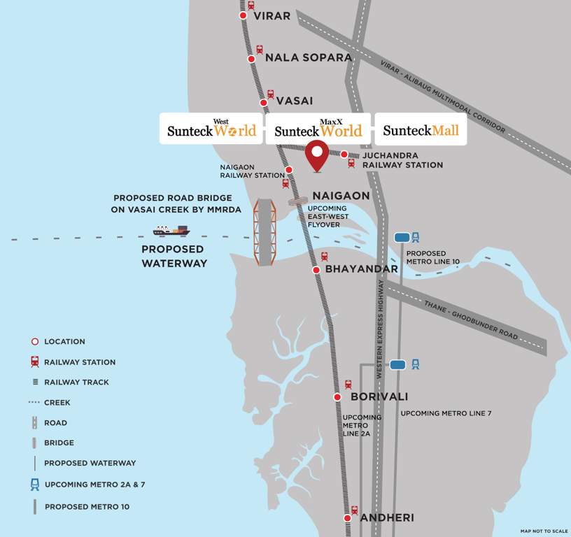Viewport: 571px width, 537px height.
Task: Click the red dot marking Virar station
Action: pos(243,15)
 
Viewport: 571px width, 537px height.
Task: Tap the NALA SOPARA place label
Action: pos(308,57)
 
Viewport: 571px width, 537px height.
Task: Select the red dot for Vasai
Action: pos(264,103)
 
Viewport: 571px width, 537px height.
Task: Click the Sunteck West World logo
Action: pos(211,129)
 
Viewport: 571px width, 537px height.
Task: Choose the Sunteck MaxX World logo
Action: pos(318,129)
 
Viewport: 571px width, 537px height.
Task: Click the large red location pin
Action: pos(318,154)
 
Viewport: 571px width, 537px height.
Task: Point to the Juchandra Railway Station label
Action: pos(402,160)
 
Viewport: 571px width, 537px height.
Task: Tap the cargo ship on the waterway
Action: pos(171,230)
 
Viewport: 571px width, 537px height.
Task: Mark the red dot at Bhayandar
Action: pos(316,269)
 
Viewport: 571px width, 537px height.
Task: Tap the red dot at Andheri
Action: pos(348,518)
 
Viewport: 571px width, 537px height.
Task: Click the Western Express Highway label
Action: pos(381,329)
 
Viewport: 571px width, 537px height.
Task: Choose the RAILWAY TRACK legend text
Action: pos(76,382)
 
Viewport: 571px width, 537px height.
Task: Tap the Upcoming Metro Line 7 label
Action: pos(446,413)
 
